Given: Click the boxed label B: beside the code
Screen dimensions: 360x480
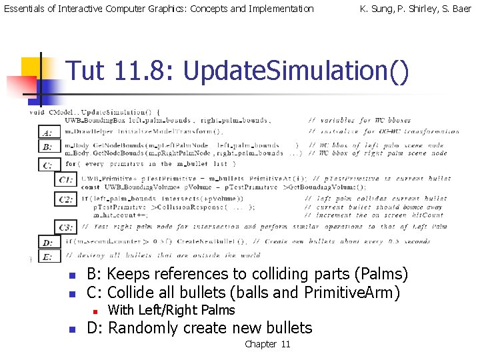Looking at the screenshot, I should (47, 147).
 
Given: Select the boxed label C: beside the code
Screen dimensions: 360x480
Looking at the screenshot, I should (47, 164).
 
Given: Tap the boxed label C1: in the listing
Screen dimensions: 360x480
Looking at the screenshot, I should (65, 180).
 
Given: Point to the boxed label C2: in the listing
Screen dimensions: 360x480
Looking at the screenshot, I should (65, 199).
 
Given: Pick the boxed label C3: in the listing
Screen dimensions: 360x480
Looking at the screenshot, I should (65, 227).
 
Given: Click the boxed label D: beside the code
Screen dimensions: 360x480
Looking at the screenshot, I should (47, 243).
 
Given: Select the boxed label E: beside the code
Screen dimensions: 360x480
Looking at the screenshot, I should (47, 257).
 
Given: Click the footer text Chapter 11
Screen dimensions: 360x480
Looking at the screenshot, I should (267, 344).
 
